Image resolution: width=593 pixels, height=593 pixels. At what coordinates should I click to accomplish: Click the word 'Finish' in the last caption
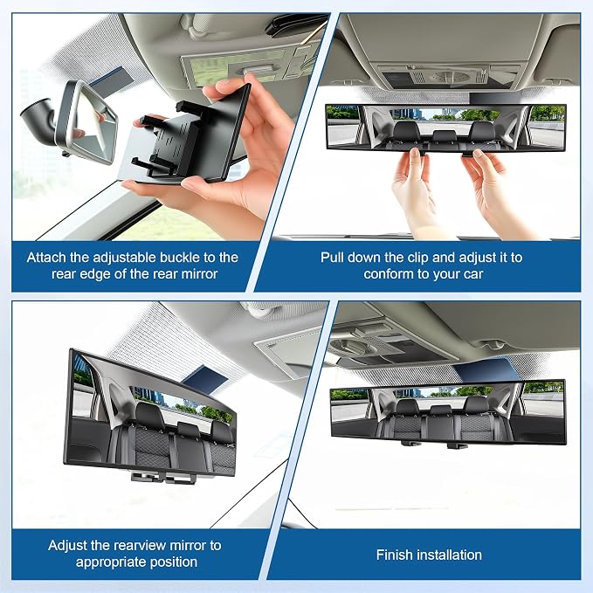coord(392,555)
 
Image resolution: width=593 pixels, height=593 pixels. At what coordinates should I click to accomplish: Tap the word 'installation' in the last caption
coord(447,555)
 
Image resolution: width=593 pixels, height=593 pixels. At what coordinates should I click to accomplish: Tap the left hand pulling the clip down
coord(415,190)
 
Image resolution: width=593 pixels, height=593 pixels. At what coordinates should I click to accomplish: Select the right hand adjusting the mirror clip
coord(492,190)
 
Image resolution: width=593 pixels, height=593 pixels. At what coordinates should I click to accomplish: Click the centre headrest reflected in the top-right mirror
coord(445,136)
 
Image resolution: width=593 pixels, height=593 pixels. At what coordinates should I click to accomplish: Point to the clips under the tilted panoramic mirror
coord(163,477)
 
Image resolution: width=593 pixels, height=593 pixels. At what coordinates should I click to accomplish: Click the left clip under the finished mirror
coord(410,443)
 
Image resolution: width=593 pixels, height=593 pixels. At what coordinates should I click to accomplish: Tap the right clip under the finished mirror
coord(457,445)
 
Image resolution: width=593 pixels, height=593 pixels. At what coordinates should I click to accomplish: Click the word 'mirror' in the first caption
coord(199,274)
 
